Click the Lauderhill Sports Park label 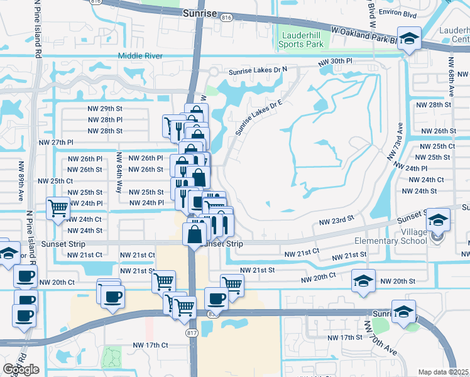tap(303, 40)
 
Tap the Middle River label tap(140, 57)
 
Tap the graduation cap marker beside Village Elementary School tap(438, 221)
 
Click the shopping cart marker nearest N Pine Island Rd tap(58, 207)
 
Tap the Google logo tap(21, 369)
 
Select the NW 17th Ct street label tap(150, 345)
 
